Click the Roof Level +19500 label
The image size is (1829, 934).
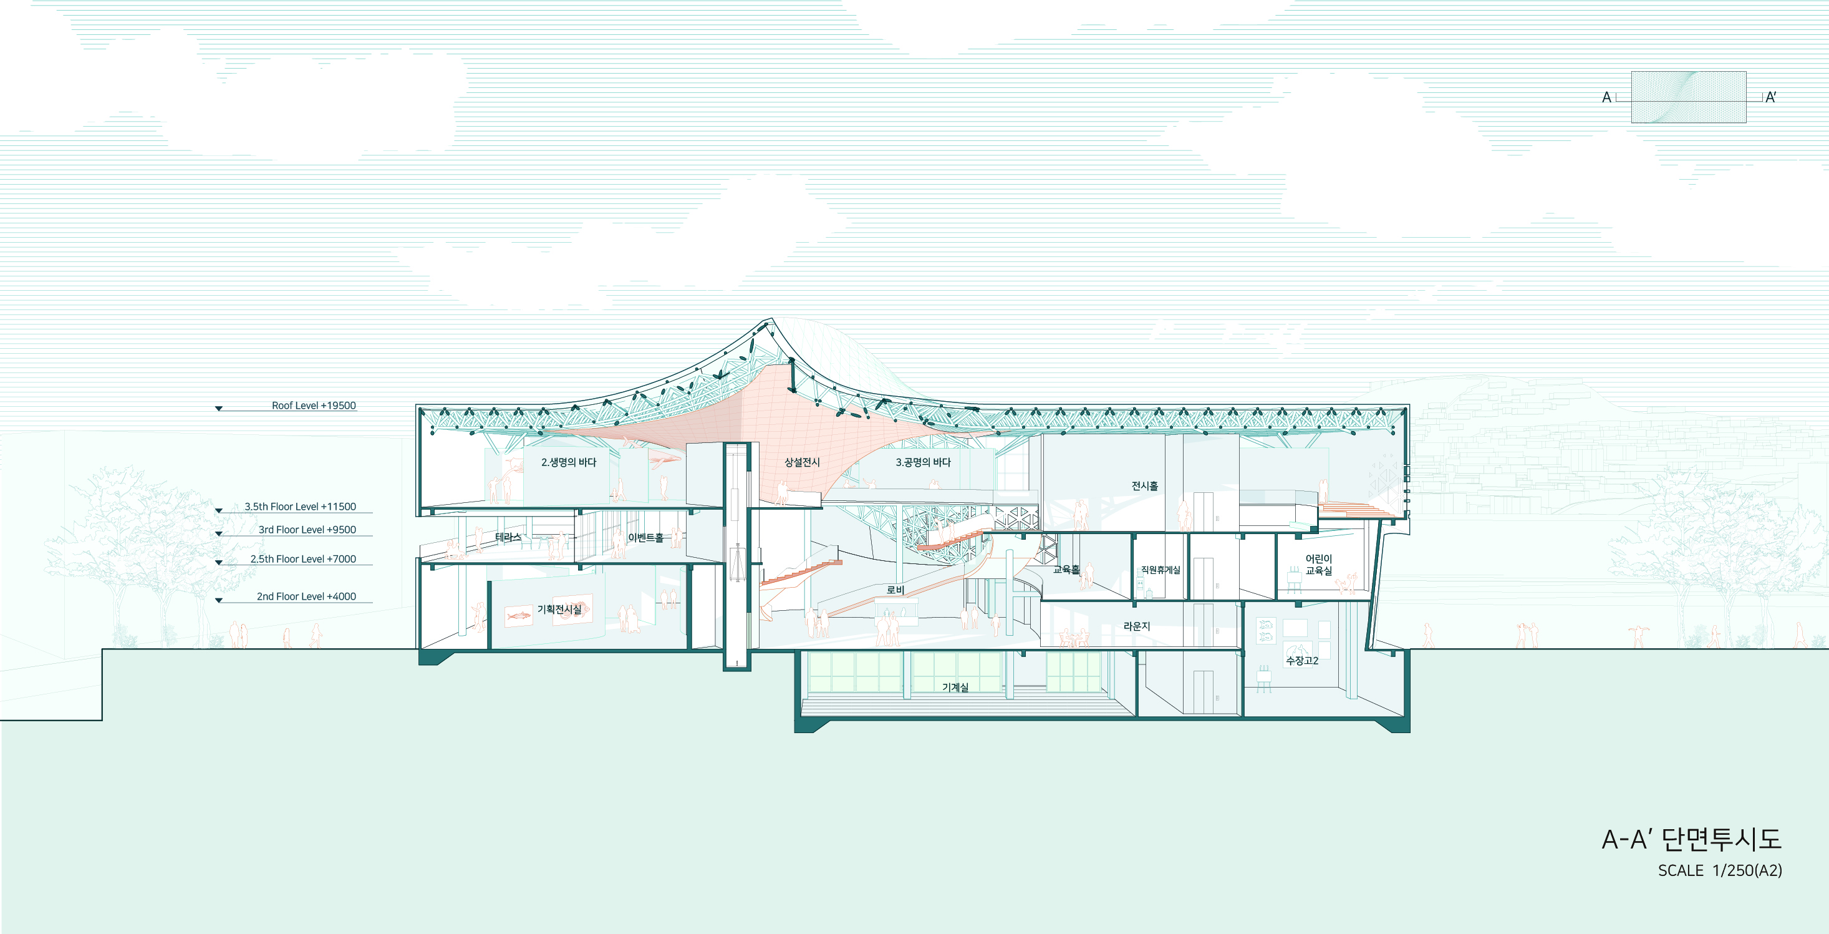314,406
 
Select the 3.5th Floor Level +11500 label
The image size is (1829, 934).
301,507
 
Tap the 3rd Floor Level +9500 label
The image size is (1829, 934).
307,530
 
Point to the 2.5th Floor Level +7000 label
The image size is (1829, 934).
303,559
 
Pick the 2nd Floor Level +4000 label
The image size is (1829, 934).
306,596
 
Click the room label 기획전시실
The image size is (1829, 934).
559,610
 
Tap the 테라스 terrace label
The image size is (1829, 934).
508,537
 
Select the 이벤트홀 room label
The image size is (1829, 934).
645,538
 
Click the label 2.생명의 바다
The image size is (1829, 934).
569,462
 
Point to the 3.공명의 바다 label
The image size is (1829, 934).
923,462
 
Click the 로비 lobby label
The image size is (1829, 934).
895,590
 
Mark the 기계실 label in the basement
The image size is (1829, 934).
955,687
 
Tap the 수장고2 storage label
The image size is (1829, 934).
1302,661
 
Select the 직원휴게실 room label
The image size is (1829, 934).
1160,570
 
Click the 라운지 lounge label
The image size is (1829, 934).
1136,626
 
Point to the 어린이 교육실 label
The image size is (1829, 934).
1318,565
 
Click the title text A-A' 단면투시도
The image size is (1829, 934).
1691,840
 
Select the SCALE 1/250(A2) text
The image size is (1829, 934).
1720,871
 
